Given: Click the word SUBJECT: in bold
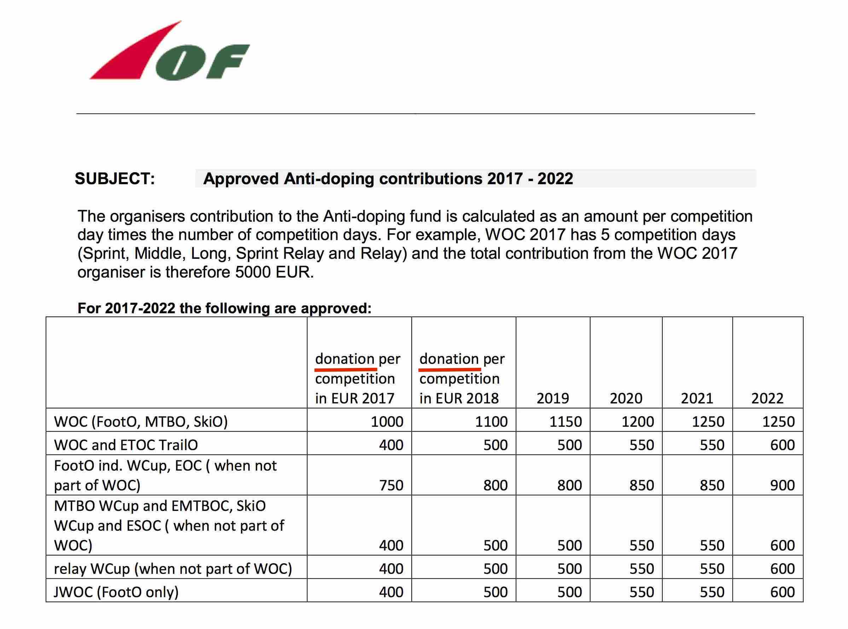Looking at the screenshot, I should pyautogui.click(x=115, y=179).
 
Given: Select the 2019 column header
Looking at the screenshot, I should pyautogui.click(x=552, y=398).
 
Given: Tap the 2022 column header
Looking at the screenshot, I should pyautogui.click(x=767, y=398).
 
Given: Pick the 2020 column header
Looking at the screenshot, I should pyautogui.click(x=626, y=398).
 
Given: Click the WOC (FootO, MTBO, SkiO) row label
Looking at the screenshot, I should pyautogui.click(x=141, y=421).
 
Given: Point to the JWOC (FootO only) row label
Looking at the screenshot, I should pyautogui.click(x=116, y=592).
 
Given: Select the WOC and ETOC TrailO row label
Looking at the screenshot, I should pyautogui.click(x=126, y=445).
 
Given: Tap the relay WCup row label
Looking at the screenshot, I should pyautogui.click(x=173, y=569).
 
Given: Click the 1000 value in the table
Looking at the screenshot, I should pyautogui.click(x=387, y=421).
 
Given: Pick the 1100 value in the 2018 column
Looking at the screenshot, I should pyautogui.click(x=491, y=421).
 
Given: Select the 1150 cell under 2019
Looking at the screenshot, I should pyautogui.click(x=565, y=421).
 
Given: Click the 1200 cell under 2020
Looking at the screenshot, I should pyautogui.click(x=638, y=421).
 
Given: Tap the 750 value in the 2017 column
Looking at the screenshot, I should pyautogui.click(x=391, y=485).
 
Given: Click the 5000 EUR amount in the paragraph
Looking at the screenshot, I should pyautogui.click(x=274, y=272).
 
